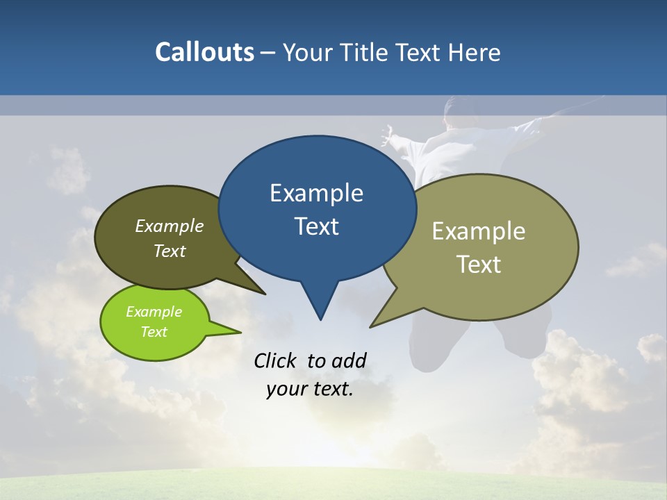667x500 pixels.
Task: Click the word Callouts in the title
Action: (x=204, y=52)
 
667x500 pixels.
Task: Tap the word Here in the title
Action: (x=475, y=52)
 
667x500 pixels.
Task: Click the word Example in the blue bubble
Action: (x=316, y=193)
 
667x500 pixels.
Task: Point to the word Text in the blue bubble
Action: (x=316, y=226)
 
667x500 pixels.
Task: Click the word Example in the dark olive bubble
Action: (x=169, y=226)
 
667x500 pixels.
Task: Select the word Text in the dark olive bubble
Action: (x=169, y=251)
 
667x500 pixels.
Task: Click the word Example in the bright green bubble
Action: (x=154, y=312)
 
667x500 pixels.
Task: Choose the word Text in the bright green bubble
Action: (x=154, y=332)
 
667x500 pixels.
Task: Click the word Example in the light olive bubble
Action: (x=479, y=231)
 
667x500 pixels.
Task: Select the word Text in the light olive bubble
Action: (x=479, y=265)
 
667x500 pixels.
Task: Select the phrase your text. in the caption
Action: (x=310, y=390)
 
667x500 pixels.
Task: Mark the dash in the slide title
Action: (x=269, y=53)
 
